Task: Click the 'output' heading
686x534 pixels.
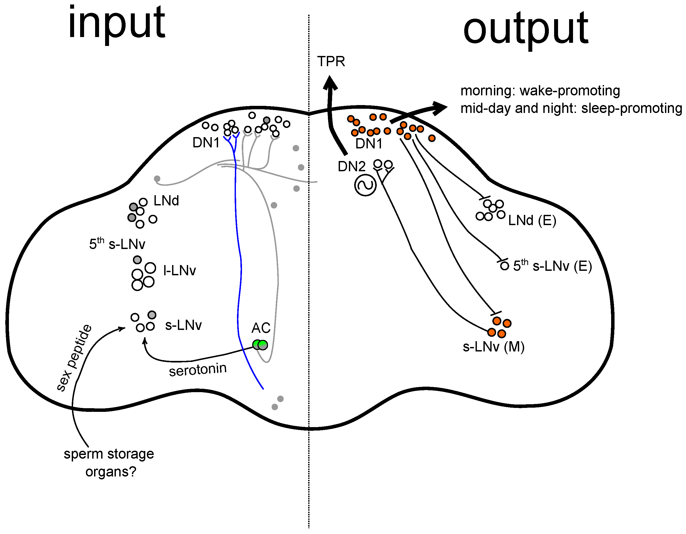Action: point(525,29)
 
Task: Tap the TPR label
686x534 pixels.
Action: point(331,61)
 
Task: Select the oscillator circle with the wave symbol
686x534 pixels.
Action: point(365,185)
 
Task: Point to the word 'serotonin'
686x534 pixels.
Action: point(198,370)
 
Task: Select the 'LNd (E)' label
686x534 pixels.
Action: point(532,220)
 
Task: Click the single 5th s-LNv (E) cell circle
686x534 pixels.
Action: point(504,266)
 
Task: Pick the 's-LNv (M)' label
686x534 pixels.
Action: point(493,347)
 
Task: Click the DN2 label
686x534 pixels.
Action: point(352,166)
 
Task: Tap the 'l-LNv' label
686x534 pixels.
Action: point(180,270)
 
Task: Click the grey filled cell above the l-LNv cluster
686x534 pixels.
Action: point(137,260)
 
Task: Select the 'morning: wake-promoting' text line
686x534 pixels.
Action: point(540,91)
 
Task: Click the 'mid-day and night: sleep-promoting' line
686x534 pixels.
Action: point(571,108)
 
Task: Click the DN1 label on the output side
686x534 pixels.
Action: point(369,144)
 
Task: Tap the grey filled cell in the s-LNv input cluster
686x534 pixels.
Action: point(152,315)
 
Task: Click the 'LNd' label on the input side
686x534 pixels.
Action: point(166,201)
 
